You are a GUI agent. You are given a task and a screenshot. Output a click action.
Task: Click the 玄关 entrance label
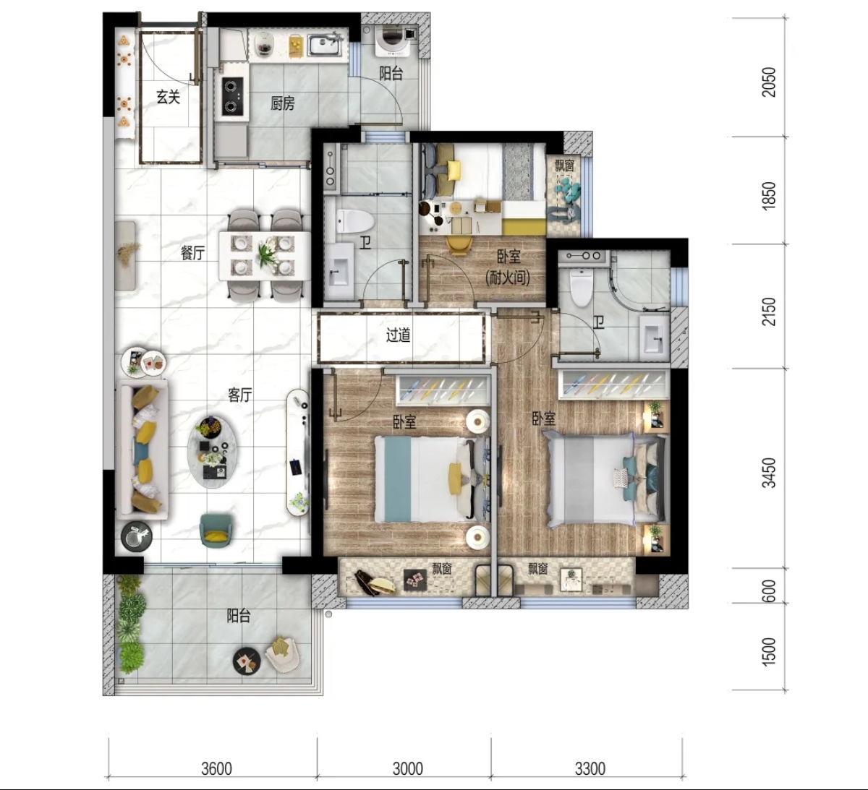pyautogui.click(x=168, y=97)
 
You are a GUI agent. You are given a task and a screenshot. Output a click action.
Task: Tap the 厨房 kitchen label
pyautogui.click(x=282, y=103)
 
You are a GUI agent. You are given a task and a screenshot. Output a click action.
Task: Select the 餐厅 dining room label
pyautogui.click(x=192, y=253)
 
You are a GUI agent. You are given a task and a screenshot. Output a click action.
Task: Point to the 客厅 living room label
pyautogui.click(x=239, y=395)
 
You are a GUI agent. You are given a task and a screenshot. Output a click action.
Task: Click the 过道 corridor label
pyautogui.click(x=398, y=335)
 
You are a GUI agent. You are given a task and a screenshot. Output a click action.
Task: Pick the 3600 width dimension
pyautogui.click(x=216, y=767)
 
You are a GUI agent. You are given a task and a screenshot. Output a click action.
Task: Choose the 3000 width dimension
pyautogui.click(x=408, y=767)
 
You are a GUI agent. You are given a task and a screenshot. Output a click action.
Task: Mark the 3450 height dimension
pyautogui.click(x=769, y=473)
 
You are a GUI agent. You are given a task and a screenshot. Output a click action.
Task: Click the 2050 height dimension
pyautogui.click(x=769, y=82)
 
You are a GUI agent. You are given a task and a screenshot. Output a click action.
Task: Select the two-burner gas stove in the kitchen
pyautogui.click(x=233, y=96)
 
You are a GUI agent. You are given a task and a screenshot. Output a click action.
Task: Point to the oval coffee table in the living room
pyautogui.click(x=213, y=452)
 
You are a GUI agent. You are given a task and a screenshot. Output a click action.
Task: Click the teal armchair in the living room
pyautogui.click(x=216, y=529)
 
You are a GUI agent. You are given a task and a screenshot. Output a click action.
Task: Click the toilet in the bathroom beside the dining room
pyautogui.click(x=355, y=221)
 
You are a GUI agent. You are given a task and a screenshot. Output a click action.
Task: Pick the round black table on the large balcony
pyautogui.click(x=247, y=661)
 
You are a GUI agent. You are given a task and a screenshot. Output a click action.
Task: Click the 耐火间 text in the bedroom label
pyautogui.click(x=508, y=277)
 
